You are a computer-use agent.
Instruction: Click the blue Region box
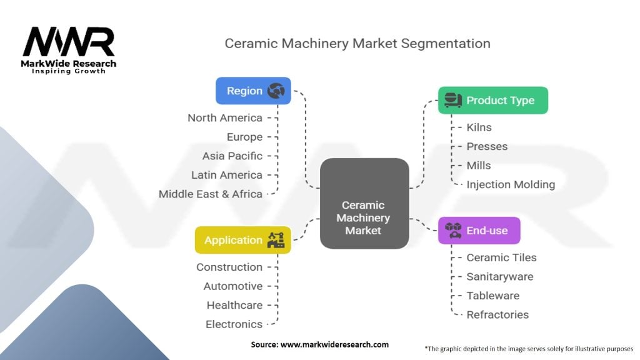(253, 91)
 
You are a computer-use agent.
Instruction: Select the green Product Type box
(493, 100)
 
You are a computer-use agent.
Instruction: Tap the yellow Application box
(243, 240)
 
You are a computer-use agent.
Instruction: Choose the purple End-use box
(479, 231)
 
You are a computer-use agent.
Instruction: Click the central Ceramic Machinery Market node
(364, 203)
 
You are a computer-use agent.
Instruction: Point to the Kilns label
(479, 127)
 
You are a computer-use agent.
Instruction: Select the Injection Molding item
(511, 184)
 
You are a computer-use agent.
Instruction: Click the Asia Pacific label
(232, 156)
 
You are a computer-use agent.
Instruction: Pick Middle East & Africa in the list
(210, 194)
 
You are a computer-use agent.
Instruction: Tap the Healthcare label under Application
(235, 305)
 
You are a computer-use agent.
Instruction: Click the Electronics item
(234, 324)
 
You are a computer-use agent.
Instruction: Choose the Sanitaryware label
(500, 277)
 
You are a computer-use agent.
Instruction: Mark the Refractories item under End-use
(497, 315)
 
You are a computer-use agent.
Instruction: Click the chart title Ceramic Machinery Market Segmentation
(357, 44)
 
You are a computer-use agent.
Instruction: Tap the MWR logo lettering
(69, 41)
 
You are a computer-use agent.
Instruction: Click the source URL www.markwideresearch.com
(335, 344)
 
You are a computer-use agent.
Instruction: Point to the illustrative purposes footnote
(529, 349)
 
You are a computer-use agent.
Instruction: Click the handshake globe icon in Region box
(276, 91)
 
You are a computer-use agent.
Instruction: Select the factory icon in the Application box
(276, 240)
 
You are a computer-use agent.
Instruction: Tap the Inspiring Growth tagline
(69, 71)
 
